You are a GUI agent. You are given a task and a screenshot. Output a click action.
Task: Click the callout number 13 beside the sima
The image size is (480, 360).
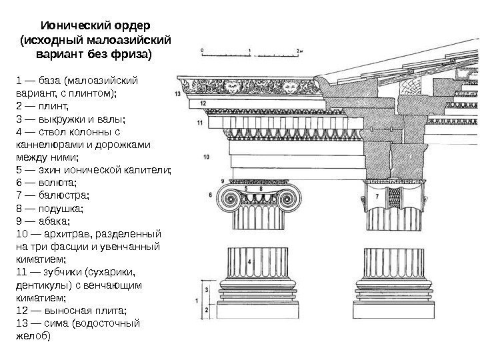tap(178, 95)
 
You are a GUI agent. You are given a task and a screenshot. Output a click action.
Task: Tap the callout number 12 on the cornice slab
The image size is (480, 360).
tap(202, 105)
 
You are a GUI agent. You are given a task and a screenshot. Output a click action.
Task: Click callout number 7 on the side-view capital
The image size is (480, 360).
tap(377, 197)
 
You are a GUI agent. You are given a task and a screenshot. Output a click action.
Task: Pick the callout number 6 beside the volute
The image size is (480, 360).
tap(211, 195)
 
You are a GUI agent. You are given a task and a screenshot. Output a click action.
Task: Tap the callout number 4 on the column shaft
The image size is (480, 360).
tap(249, 262)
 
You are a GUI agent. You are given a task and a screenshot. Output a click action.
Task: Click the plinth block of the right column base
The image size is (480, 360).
tap(393, 311)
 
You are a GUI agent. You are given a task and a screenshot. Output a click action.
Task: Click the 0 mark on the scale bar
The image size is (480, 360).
tap(202, 50)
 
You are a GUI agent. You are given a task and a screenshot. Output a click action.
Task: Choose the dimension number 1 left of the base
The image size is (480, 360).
tap(197, 301)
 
